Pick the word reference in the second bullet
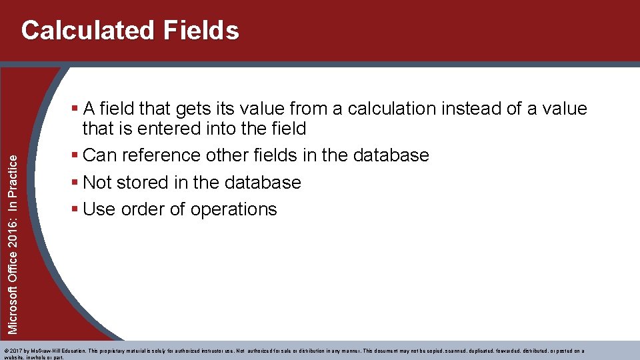coord(163,155)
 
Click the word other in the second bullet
coord(227,155)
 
